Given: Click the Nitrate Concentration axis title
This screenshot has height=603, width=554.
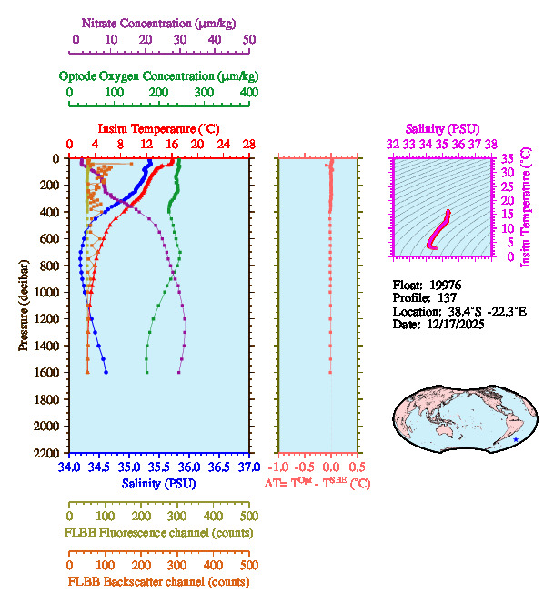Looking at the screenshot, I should pyautogui.click(x=160, y=21).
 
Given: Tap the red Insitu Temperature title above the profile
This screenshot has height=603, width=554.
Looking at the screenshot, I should pyautogui.click(x=158, y=128).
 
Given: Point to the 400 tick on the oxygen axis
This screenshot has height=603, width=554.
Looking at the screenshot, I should pyautogui.click(x=248, y=93).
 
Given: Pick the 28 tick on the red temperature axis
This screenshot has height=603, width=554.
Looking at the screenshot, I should pyautogui.click(x=248, y=145).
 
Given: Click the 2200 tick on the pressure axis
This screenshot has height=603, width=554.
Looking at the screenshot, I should pyautogui.click(x=48, y=453).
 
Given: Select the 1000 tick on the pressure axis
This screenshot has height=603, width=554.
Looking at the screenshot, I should pyautogui.click(x=48, y=292).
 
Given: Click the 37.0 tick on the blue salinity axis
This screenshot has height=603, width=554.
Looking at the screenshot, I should pyautogui.click(x=247, y=467).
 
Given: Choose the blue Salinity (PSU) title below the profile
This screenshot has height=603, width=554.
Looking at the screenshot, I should pyautogui.click(x=159, y=483).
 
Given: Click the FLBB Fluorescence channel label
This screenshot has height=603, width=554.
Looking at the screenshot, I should pyautogui.click(x=158, y=532).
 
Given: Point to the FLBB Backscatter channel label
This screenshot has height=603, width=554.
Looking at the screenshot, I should pyautogui.click(x=158, y=582).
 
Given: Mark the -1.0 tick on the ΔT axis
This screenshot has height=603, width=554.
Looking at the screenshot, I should pyautogui.click(x=279, y=467).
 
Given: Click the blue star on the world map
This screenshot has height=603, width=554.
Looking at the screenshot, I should pyautogui.click(x=516, y=439).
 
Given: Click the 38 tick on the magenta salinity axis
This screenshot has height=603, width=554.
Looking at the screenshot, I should pyautogui.click(x=491, y=144).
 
